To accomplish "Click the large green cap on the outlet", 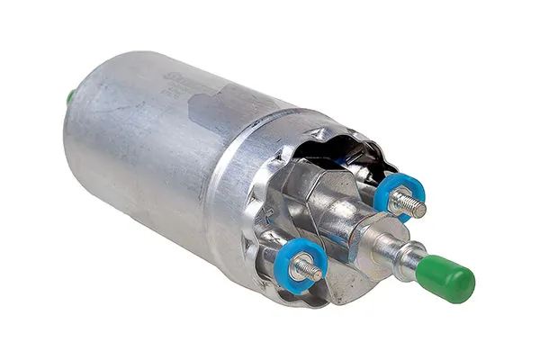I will pyautogui.click(x=446, y=277).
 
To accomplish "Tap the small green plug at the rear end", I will pyautogui.click(x=70, y=96).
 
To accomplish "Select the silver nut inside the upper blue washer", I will pyautogui.click(x=399, y=195).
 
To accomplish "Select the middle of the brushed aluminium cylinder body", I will pyautogui.click(x=144, y=153).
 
